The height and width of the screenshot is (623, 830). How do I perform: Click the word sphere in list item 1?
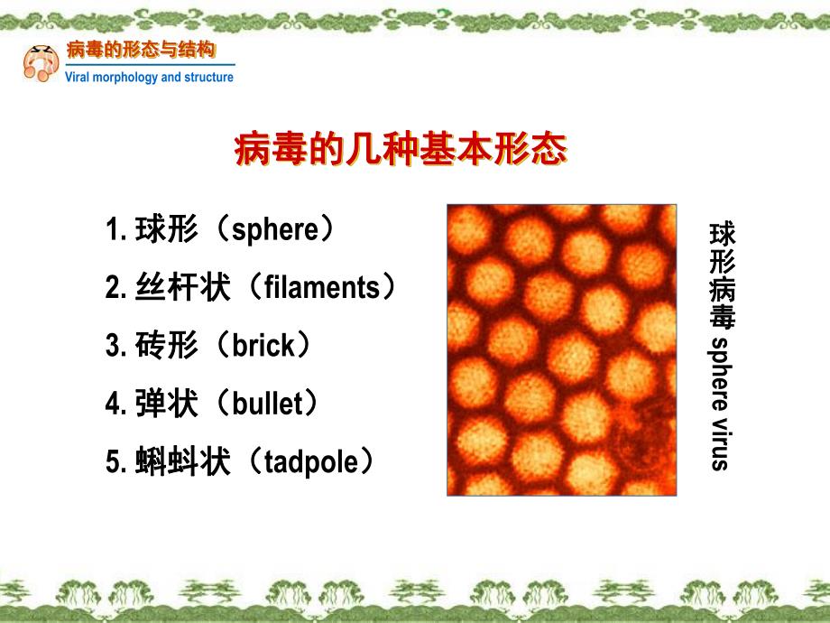(x=276, y=230)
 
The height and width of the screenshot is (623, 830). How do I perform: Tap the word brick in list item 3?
(x=263, y=346)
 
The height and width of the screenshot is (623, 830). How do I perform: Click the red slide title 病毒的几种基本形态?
(x=401, y=150)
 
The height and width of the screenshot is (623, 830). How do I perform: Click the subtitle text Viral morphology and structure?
(x=150, y=78)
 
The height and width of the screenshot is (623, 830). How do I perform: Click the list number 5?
(x=113, y=462)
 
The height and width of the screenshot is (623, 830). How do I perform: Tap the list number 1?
(x=113, y=230)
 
